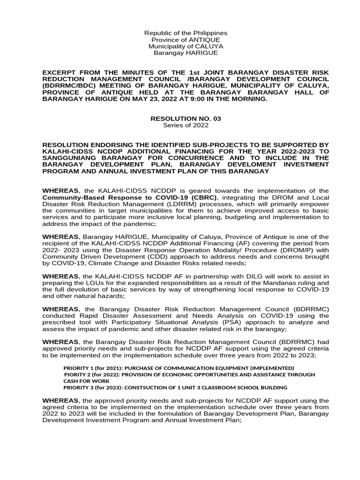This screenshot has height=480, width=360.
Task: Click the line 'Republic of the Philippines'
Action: (x=186, y=33)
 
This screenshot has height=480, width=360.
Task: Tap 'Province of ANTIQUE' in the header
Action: (x=186, y=40)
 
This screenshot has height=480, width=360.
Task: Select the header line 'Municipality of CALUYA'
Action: (x=186, y=46)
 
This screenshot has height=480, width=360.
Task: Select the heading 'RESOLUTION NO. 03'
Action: (x=186, y=119)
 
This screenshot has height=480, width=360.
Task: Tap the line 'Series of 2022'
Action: (x=186, y=126)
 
